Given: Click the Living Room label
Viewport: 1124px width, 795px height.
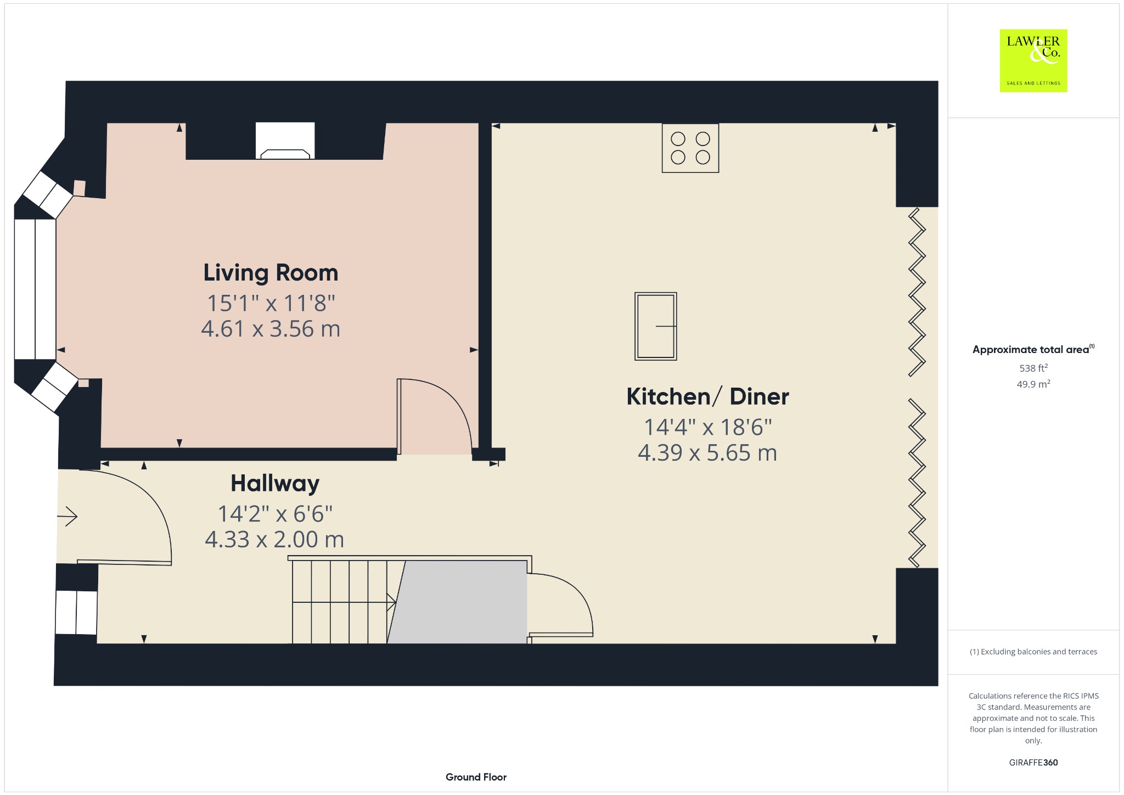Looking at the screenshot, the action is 271,273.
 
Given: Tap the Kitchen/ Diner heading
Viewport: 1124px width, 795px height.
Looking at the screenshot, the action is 707,396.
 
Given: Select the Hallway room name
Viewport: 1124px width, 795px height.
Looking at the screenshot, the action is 275,484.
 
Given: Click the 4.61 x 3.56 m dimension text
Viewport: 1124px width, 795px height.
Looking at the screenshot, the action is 271,329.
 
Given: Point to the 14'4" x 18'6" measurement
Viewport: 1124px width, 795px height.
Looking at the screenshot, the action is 707,427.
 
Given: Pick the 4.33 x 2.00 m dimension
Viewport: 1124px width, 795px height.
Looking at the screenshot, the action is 274,540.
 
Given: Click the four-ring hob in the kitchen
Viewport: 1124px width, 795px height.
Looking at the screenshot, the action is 690,148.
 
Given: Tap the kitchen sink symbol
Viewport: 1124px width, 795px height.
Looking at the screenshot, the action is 655,326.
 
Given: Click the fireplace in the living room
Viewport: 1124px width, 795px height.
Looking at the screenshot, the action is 285,141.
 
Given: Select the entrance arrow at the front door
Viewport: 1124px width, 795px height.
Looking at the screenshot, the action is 68,516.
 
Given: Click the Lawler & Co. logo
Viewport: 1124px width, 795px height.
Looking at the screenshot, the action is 1033,60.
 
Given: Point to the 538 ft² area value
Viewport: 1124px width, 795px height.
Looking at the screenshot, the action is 1033,368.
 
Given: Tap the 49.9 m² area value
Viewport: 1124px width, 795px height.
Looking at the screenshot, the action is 1033,384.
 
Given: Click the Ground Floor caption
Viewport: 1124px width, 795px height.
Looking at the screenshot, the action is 476,777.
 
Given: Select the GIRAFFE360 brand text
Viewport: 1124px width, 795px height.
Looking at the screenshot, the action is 1033,762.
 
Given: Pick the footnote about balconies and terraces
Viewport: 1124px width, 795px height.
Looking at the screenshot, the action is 1033,652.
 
